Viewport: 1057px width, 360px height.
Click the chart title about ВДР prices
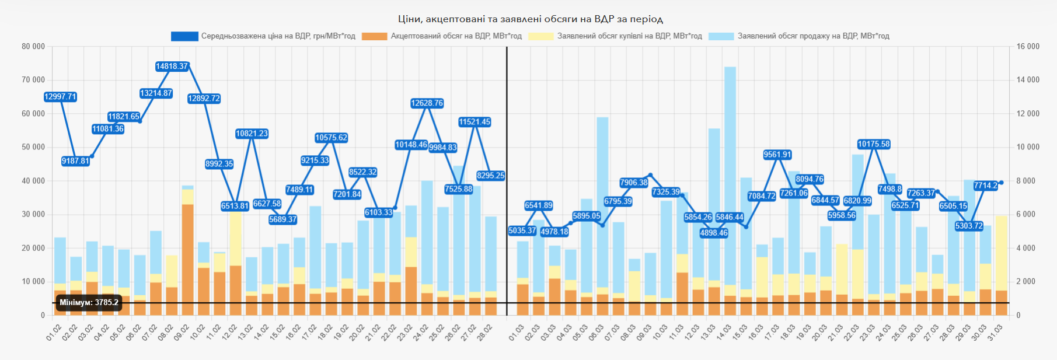coord(530,19)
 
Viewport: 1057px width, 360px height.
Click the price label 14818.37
coord(172,67)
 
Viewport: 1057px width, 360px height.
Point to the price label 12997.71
coord(61,97)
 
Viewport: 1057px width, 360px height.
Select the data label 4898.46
coord(714,233)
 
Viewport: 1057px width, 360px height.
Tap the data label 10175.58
coord(874,144)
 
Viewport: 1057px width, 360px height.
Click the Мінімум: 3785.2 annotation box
coord(89,303)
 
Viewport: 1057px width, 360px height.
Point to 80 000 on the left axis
coord(33,47)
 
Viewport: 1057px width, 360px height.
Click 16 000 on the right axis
coord(1028,47)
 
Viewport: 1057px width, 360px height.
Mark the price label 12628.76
coord(427,103)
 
